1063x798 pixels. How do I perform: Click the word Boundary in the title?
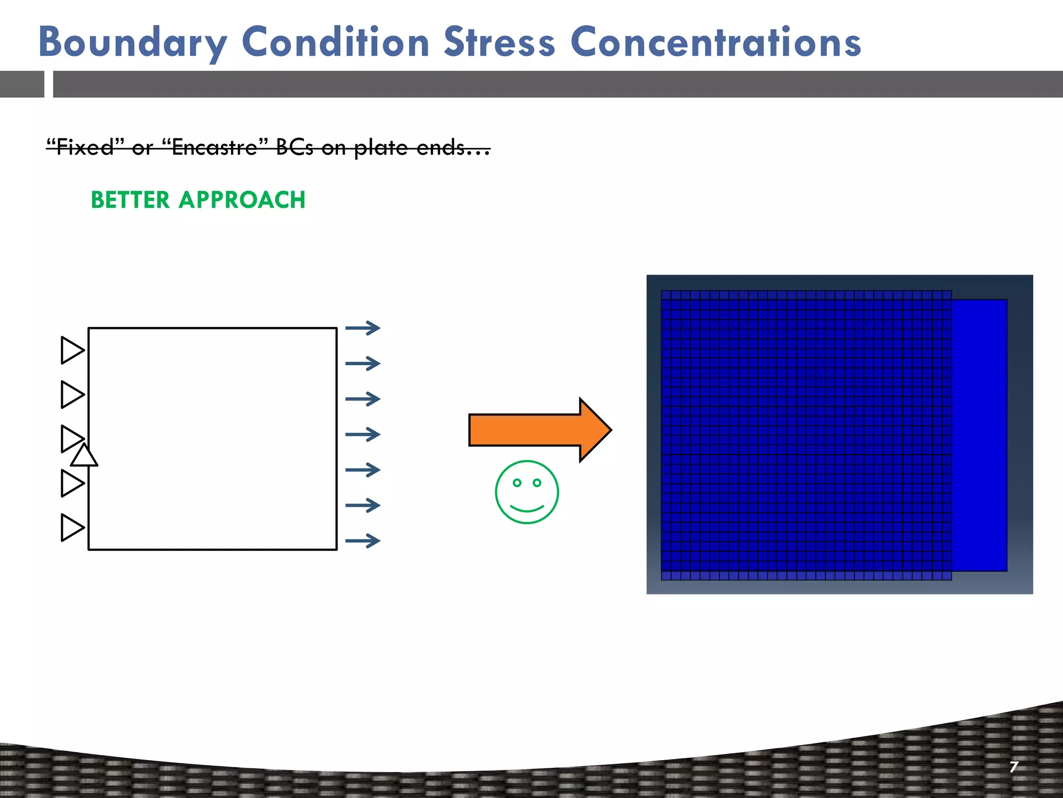[x=132, y=43]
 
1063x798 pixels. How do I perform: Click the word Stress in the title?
[x=499, y=43]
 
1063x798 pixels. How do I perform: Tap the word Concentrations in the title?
[x=716, y=43]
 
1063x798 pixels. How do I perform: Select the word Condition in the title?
[x=335, y=43]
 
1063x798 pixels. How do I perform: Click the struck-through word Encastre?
[x=214, y=148]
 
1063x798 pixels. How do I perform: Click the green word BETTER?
[x=130, y=200]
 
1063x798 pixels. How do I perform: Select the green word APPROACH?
[x=242, y=200]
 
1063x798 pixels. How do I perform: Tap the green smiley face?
[x=526, y=492]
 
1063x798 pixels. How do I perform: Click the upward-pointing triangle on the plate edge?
[x=84, y=456]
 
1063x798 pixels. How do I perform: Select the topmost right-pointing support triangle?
[x=72, y=350]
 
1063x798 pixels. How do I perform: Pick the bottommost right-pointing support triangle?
[x=72, y=527]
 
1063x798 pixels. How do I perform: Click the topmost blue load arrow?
[x=363, y=328]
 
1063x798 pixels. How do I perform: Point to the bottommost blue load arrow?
[x=363, y=541]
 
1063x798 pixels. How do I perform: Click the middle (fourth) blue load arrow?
[x=363, y=434]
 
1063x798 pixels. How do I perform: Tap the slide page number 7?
[x=1014, y=767]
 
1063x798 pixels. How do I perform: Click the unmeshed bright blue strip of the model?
[x=979, y=435]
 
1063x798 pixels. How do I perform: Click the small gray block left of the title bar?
[x=22, y=84]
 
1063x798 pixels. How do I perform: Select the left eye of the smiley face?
[x=517, y=483]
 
